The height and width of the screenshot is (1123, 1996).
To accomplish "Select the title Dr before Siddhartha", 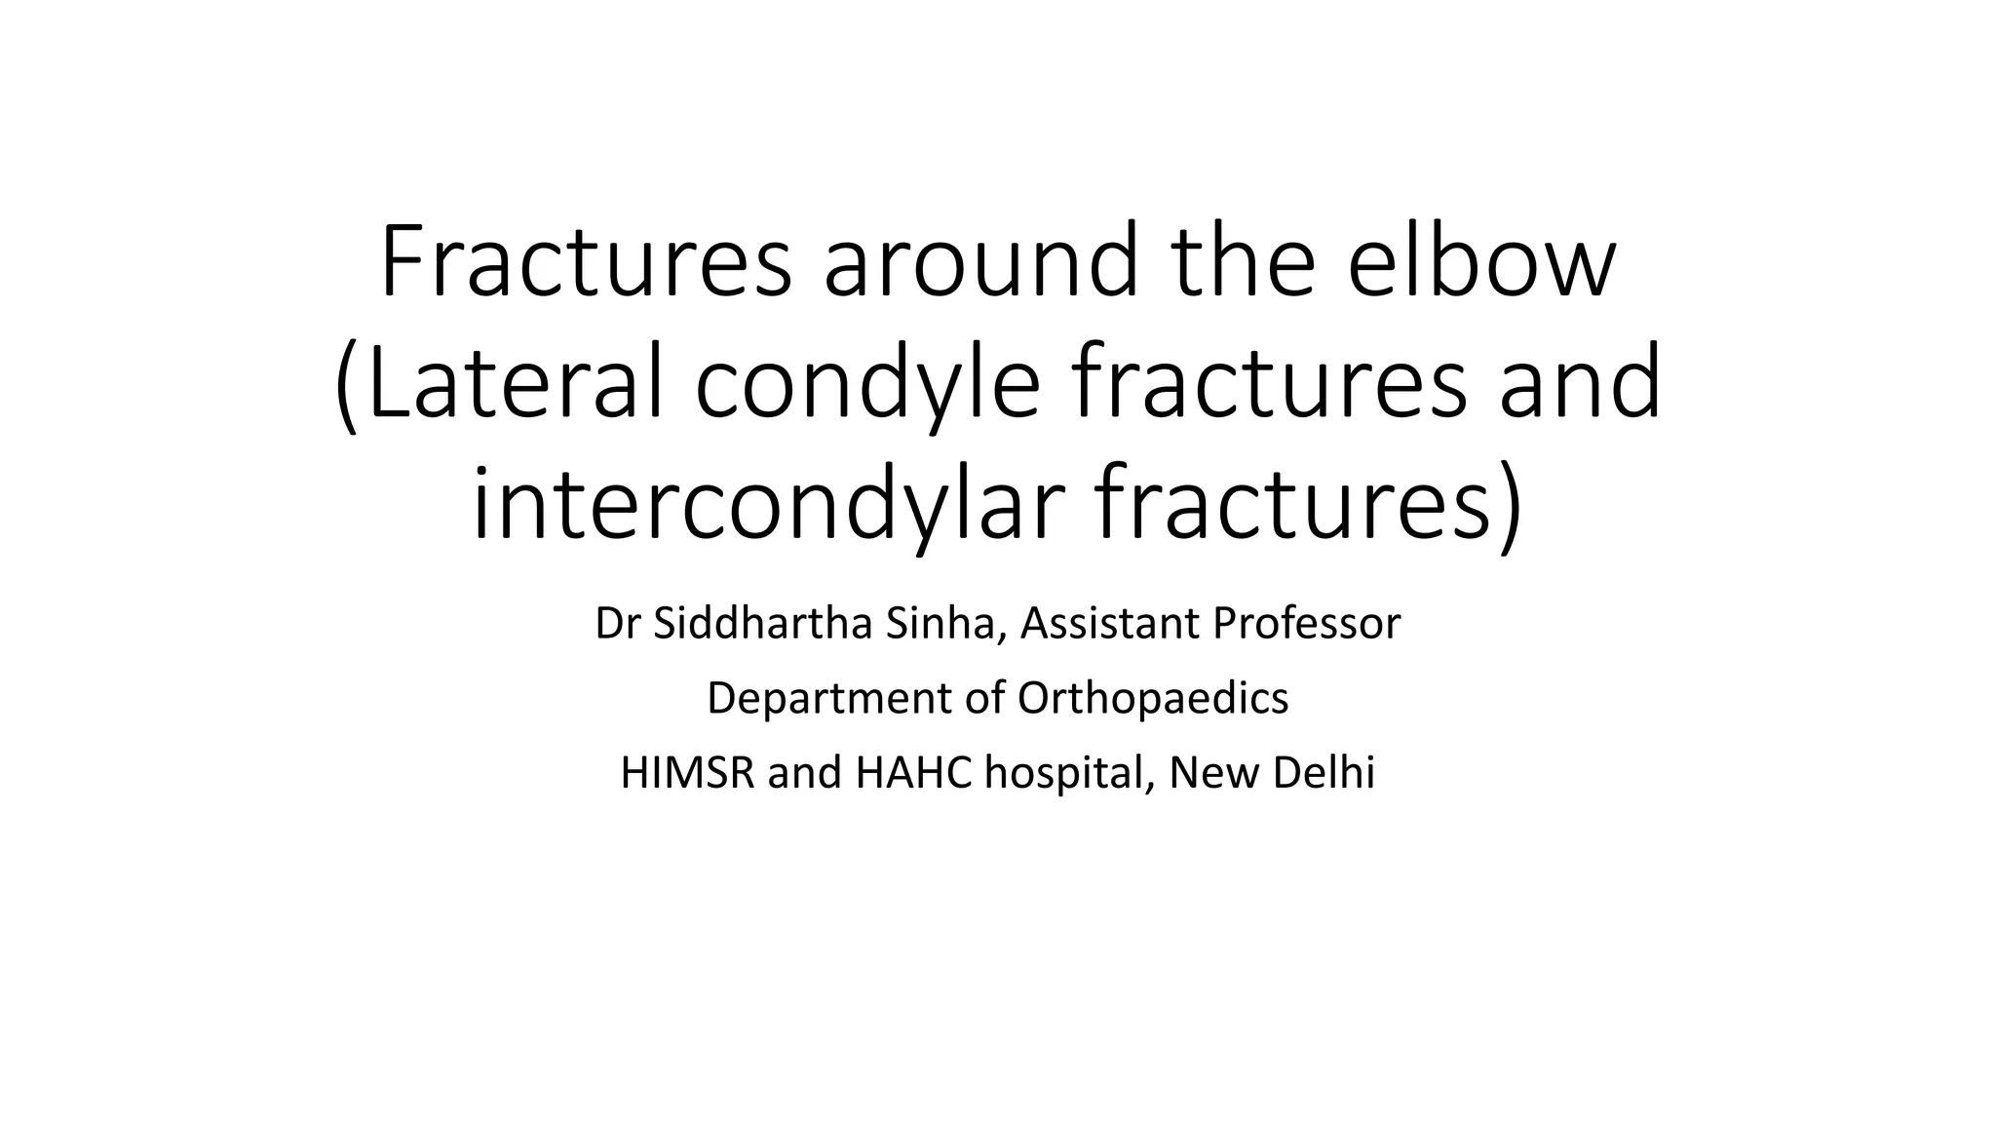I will (617, 624).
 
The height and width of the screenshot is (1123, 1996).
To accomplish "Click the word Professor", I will (1307, 624).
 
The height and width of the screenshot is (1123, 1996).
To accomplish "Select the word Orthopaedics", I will (1153, 699).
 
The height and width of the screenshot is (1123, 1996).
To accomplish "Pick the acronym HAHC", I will (914, 773).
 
